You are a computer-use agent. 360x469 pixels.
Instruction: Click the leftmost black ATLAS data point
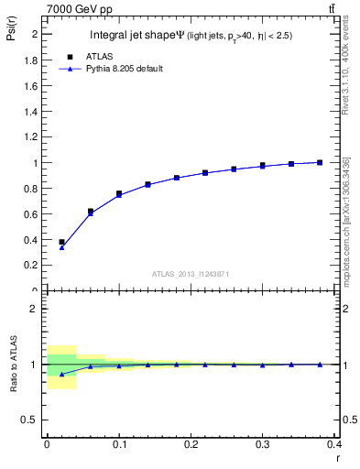[x=61, y=242]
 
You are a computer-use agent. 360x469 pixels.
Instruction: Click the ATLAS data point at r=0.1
[x=119, y=193]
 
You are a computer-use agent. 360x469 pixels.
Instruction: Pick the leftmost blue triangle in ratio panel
[x=61, y=374]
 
